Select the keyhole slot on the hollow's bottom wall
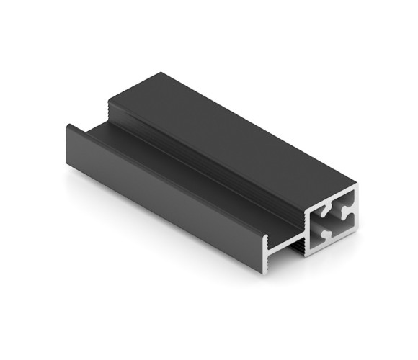click(x=326, y=235)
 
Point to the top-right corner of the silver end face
click(x=357, y=184)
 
